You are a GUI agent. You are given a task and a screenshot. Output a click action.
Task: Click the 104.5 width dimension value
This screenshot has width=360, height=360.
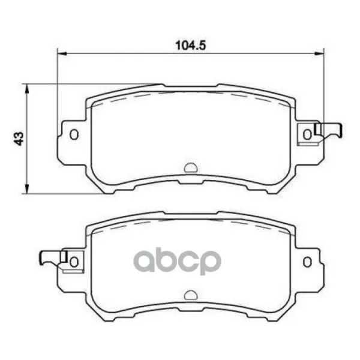(x=191, y=46)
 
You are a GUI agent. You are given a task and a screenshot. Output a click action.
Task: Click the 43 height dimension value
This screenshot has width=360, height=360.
(x=19, y=139)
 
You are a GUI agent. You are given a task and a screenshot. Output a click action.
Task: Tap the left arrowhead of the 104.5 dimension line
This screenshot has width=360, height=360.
(x=62, y=54)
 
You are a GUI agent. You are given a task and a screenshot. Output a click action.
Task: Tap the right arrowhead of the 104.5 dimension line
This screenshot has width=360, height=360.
(x=319, y=54)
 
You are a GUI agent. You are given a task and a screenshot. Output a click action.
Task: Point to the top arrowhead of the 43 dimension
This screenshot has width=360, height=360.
(x=27, y=88)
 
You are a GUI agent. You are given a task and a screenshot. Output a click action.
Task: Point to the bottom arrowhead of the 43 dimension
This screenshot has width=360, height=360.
(x=27, y=189)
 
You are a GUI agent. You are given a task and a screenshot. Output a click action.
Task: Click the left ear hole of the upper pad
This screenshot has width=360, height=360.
(x=74, y=134)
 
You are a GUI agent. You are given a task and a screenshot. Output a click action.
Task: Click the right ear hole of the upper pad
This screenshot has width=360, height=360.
(x=307, y=134)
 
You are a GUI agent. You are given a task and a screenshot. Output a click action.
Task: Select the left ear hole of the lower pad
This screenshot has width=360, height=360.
(x=74, y=262)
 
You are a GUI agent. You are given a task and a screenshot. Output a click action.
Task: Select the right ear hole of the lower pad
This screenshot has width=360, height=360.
(x=307, y=262)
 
